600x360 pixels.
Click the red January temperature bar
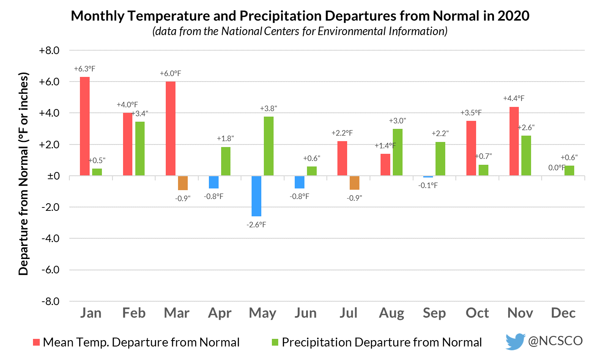(x=85, y=126)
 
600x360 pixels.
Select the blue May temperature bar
(x=256, y=196)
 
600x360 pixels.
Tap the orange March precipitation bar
(x=183, y=183)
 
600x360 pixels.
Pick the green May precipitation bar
(x=268, y=146)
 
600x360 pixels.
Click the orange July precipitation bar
(x=354, y=183)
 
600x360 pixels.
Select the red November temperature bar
(x=514, y=141)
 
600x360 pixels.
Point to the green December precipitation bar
(x=569, y=171)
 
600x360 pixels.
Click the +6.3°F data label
(x=85, y=68)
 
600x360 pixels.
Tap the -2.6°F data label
(x=256, y=225)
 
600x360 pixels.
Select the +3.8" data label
(x=268, y=109)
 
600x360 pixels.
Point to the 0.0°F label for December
(x=557, y=168)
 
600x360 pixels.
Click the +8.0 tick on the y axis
(x=49, y=51)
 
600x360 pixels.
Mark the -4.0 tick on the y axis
(x=49, y=238)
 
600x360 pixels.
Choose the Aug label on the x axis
(x=392, y=313)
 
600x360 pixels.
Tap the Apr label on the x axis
(x=220, y=313)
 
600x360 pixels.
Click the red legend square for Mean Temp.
(x=37, y=342)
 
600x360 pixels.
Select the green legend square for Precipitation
(x=275, y=342)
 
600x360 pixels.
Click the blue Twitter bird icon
(x=515, y=341)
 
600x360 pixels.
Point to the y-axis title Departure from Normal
(x=24, y=174)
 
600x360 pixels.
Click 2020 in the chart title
(x=513, y=16)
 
